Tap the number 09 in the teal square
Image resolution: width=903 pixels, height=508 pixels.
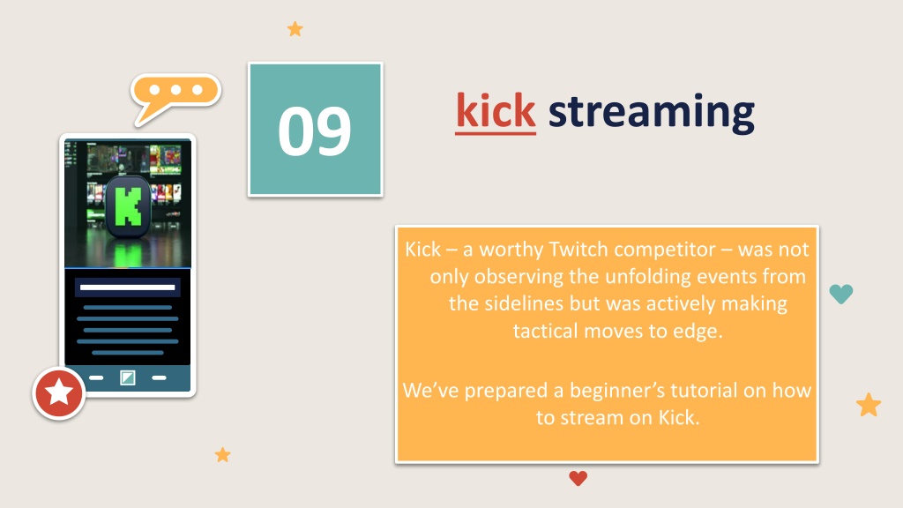tap(315, 131)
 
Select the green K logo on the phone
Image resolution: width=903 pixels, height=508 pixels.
tap(129, 206)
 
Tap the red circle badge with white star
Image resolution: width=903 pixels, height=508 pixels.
tap(59, 392)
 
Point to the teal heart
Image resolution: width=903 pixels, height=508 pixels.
tap(841, 294)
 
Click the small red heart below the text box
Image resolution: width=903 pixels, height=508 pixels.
tap(578, 478)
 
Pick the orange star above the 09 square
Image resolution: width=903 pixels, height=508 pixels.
tap(295, 29)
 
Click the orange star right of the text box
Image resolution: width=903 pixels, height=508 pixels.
tap(869, 404)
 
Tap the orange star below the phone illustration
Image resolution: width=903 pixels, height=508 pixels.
tap(223, 454)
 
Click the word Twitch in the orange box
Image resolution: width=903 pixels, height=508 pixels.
tap(578, 249)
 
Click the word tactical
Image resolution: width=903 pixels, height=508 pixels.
tap(545, 331)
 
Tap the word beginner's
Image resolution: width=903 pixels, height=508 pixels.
tap(617, 391)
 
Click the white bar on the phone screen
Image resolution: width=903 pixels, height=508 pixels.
tap(127, 287)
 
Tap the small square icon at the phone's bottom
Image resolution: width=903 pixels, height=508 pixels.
tap(127, 377)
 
